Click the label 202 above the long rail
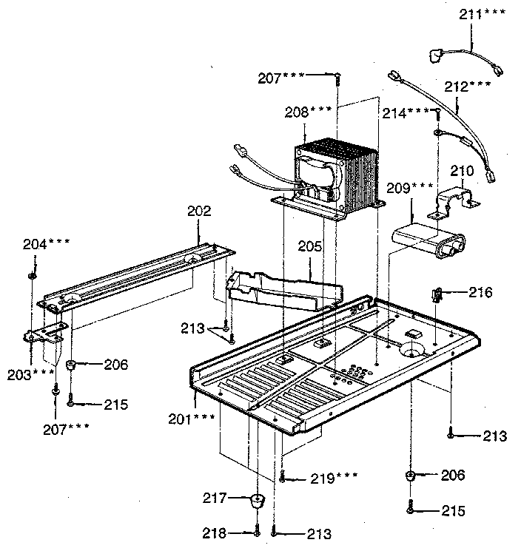pyautogui.click(x=199, y=212)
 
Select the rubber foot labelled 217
pyautogui.click(x=255, y=502)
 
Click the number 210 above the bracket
pyautogui.click(x=460, y=172)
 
